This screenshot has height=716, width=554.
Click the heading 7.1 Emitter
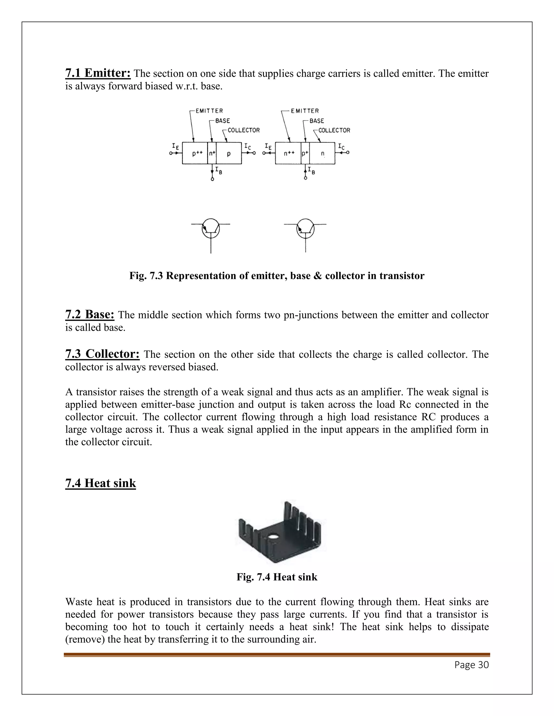[x=98, y=73]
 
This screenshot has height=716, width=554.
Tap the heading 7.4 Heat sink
[x=100, y=483]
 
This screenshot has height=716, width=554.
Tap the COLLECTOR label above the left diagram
[x=243, y=131]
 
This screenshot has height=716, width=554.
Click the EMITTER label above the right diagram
[x=305, y=111]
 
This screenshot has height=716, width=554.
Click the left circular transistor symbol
[x=211, y=228]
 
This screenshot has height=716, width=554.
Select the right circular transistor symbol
[x=305, y=228]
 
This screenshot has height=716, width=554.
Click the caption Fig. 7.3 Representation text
[x=277, y=276]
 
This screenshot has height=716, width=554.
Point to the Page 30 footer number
[x=471, y=665]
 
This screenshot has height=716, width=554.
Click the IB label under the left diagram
[x=219, y=170]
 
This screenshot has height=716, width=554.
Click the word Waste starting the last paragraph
[x=80, y=602]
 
